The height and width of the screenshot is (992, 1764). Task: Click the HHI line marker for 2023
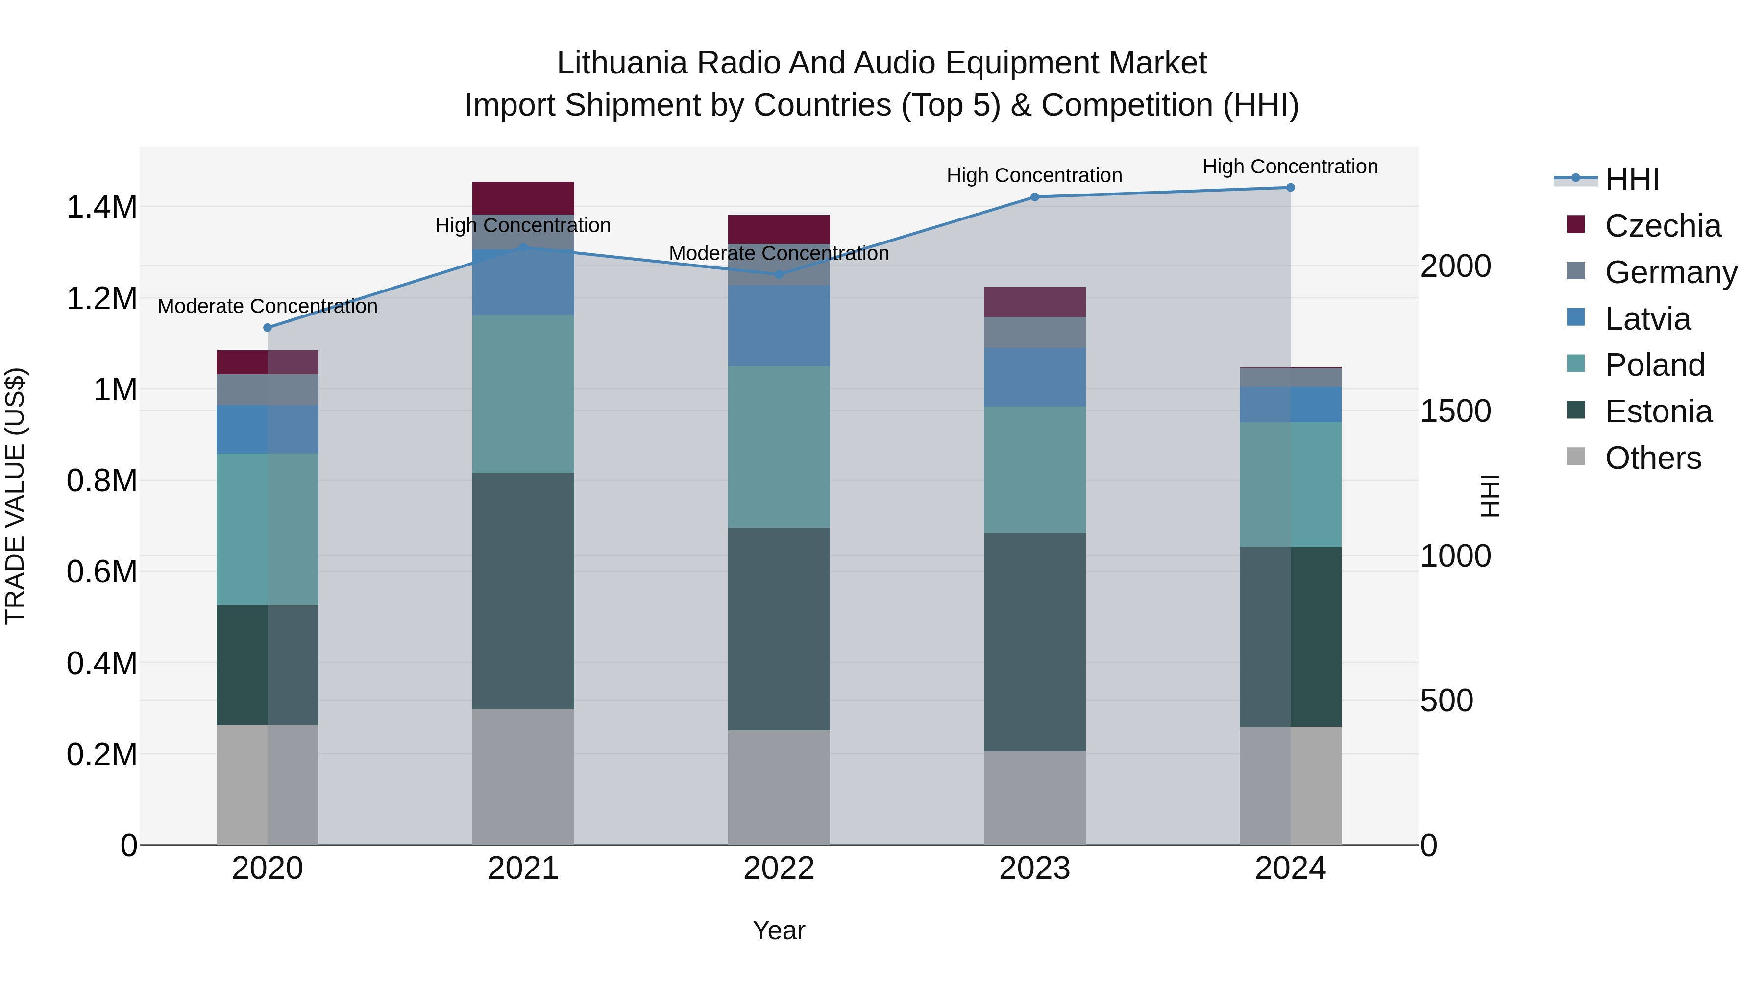(1035, 197)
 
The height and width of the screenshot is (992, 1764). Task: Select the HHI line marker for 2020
(268, 328)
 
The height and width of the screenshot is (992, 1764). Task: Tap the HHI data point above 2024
(1290, 188)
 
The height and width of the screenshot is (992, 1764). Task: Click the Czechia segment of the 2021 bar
(523, 198)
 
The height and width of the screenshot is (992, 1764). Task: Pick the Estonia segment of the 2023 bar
(1035, 642)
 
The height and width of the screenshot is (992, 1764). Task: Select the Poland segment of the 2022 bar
(779, 447)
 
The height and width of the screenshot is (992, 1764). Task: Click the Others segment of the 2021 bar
(523, 776)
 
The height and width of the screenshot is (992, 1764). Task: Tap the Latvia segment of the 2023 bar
(1035, 377)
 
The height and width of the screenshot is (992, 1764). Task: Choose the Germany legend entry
(1671, 272)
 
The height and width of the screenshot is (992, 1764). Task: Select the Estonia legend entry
(1658, 412)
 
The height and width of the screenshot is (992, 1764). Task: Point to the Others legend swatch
(1576, 457)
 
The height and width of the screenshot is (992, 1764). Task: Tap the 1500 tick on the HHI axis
(1456, 411)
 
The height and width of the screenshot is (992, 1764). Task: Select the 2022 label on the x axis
(779, 869)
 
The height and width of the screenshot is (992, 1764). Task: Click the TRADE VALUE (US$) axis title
(15, 496)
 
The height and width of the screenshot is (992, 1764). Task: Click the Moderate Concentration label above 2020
(268, 306)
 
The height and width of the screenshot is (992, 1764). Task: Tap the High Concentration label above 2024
(1290, 167)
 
